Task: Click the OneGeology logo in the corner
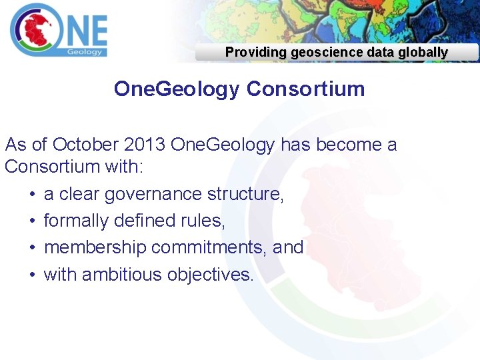coord(58,31)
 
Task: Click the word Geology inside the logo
coord(85,51)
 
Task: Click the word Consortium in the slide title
coord(305,89)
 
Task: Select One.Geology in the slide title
coord(176,89)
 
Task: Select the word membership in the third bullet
coord(95,247)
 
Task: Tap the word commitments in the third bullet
coord(209,247)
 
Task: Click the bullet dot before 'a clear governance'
coord(31,195)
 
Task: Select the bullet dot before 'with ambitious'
coord(31,275)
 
